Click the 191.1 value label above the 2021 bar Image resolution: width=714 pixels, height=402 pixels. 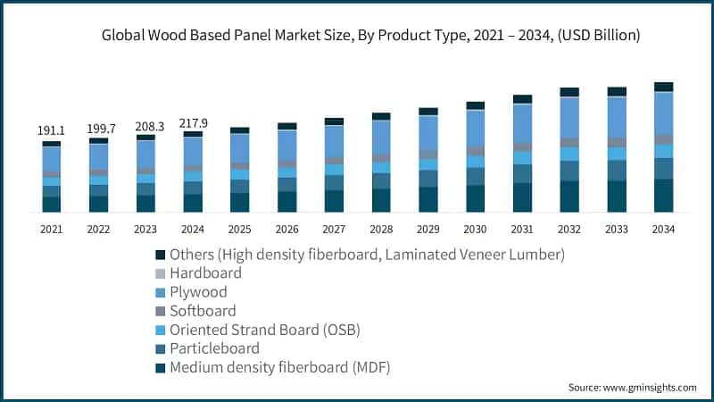point(51,130)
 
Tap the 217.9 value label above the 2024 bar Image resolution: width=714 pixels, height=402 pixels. point(193,122)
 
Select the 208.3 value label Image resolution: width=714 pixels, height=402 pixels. point(145,127)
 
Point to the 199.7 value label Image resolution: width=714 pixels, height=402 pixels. point(98,130)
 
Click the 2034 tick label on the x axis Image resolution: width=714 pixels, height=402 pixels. point(663,230)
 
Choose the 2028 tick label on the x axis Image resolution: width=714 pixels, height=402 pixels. point(381,230)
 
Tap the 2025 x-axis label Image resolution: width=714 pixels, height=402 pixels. point(239,230)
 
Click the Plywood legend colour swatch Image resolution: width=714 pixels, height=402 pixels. point(160,292)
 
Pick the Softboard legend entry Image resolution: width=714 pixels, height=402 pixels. point(203,311)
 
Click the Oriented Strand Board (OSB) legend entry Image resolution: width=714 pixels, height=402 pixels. point(264,330)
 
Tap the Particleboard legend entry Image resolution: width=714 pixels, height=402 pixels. point(214,348)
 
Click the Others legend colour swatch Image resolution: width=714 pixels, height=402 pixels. point(160,255)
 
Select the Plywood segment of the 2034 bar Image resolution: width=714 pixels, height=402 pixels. point(663,113)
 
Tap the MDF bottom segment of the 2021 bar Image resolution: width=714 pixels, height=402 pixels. point(51,204)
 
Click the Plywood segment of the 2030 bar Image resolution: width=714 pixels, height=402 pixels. point(476,129)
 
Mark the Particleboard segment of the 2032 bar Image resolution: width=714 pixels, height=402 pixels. point(569,171)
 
